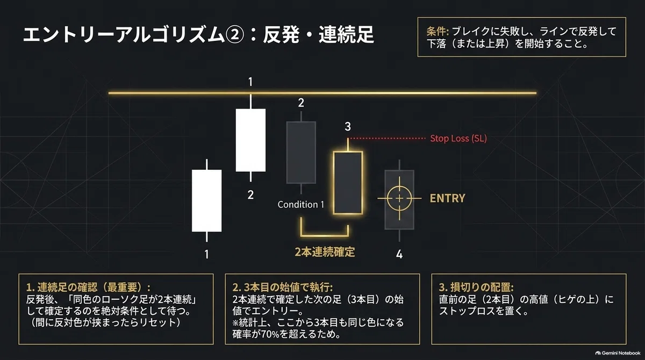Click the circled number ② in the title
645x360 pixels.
[235, 34]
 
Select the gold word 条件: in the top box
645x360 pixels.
[438, 31]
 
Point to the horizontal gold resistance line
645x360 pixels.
[322, 93]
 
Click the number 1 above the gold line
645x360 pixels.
[250, 82]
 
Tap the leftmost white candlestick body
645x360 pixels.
[207, 200]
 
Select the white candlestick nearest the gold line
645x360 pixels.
[250, 140]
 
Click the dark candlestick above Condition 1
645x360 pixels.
[301, 152]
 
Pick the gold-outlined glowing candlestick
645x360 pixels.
[348, 183]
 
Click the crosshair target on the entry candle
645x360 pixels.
[399, 198]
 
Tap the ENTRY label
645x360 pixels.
[447, 198]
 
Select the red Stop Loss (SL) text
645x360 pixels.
[458, 139]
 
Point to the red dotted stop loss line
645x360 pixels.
[386, 139]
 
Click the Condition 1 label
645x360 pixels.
[301, 204]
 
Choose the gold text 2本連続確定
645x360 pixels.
[325, 252]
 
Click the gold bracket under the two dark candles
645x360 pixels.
[325, 235]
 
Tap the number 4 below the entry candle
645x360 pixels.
[399, 254]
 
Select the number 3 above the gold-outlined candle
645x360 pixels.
[348, 127]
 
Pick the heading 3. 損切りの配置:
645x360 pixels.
[476, 287]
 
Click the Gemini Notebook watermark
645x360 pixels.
[618, 353]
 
